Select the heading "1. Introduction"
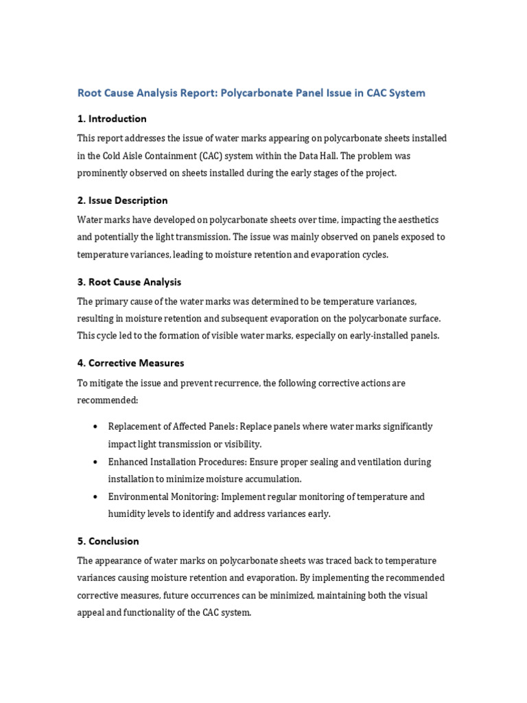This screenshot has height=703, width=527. [x=112, y=119]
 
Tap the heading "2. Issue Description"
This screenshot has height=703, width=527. [x=122, y=200]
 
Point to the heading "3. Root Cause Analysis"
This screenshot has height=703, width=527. [x=129, y=282]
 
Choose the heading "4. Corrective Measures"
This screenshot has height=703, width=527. [x=130, y=363]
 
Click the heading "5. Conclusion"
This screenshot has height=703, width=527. [x=108, y=541]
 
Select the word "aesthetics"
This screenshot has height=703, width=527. [x=414, y=220]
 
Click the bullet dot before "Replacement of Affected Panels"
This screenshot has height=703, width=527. [x=94, y=427]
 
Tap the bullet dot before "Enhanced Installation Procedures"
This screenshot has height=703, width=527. [x=94, y=462]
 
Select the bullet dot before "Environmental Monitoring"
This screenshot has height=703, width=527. [x=94, y=497]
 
